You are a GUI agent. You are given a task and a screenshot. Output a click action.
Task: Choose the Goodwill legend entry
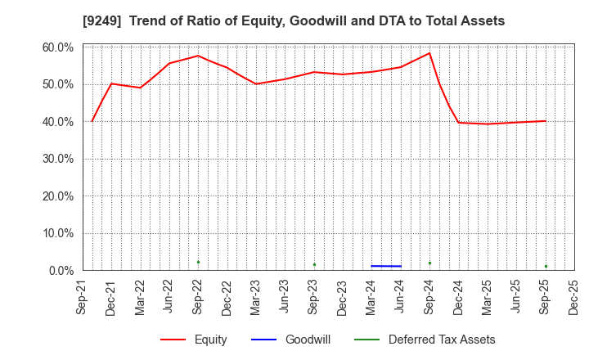click(x=308, y=340)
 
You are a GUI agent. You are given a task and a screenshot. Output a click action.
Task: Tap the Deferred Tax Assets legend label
click(x=442, y=340)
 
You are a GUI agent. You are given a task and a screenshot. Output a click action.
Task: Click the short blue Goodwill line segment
click(x=386, y=266)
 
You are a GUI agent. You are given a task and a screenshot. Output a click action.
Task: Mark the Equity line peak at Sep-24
click(x=429, y=53)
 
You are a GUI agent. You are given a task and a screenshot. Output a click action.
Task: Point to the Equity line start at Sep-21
click(x=92, y=121)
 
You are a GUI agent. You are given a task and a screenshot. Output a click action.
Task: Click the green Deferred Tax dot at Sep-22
click(x=198, y=262)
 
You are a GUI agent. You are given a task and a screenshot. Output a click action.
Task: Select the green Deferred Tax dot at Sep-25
click(x=546, y=266)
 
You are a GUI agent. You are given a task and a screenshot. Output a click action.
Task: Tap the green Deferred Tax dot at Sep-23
click(x=314, y=264)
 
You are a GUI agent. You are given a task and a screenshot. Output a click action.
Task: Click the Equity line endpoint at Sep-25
click(x=546, y=121)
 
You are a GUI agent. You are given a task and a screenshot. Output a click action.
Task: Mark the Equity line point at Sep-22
click(x=198, y=56)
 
